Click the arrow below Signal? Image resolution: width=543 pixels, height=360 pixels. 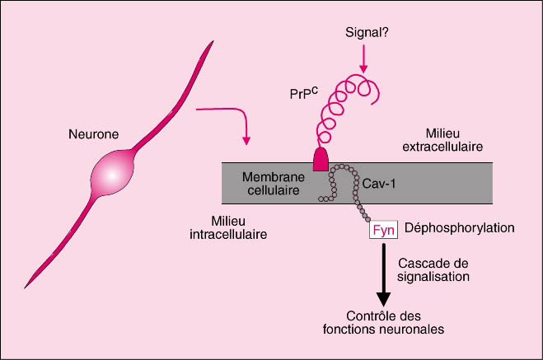(363, 58)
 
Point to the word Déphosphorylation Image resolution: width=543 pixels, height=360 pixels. (454, 227)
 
